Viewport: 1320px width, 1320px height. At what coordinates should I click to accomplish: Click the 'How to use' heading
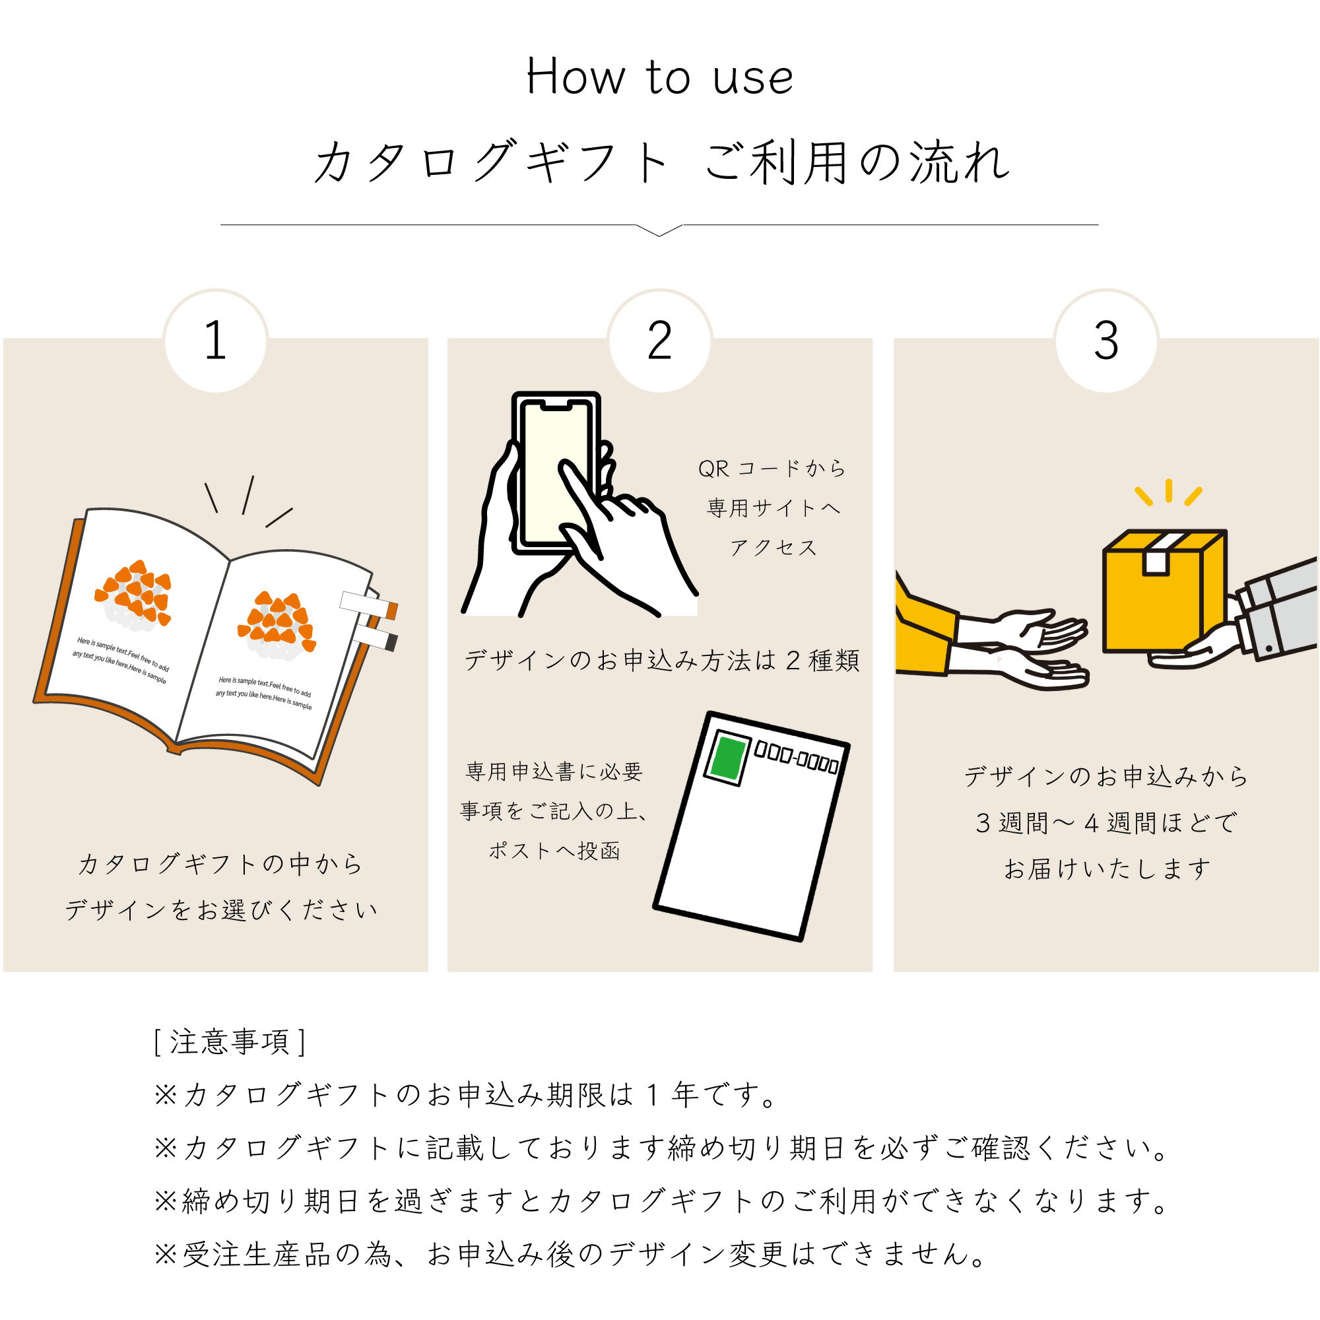659,77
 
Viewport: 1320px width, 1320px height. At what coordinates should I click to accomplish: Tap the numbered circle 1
216,341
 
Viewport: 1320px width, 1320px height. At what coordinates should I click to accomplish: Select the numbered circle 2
660,341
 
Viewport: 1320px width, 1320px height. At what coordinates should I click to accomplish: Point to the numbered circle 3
1106,341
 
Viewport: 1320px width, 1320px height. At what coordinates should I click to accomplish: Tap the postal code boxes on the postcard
797,756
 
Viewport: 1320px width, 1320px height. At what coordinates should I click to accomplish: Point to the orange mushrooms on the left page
134,593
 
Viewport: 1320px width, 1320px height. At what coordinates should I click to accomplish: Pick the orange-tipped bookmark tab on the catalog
370,605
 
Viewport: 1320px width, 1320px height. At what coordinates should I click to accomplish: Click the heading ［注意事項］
230,1042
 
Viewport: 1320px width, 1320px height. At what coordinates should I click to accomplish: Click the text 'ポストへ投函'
554,851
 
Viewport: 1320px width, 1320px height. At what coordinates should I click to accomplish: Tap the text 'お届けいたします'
1107,869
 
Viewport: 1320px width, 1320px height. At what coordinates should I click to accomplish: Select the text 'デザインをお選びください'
220,909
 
